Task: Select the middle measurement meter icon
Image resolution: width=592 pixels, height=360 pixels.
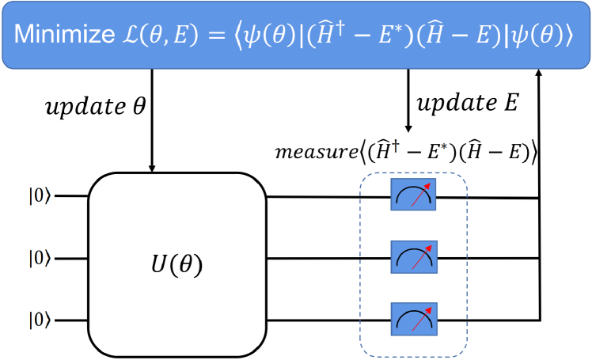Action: click(x=412, y=257)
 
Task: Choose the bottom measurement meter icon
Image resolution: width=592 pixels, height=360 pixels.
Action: click(x=412, y=320)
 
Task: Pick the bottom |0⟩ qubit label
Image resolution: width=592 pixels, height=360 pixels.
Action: click(x=40, y=321)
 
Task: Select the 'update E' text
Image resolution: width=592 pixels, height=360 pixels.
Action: click(x=467, y=104)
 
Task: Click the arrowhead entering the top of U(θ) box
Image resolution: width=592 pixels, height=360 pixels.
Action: click(x=152, y=167)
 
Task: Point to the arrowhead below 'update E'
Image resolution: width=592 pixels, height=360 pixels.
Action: click(x=408, y=130)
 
